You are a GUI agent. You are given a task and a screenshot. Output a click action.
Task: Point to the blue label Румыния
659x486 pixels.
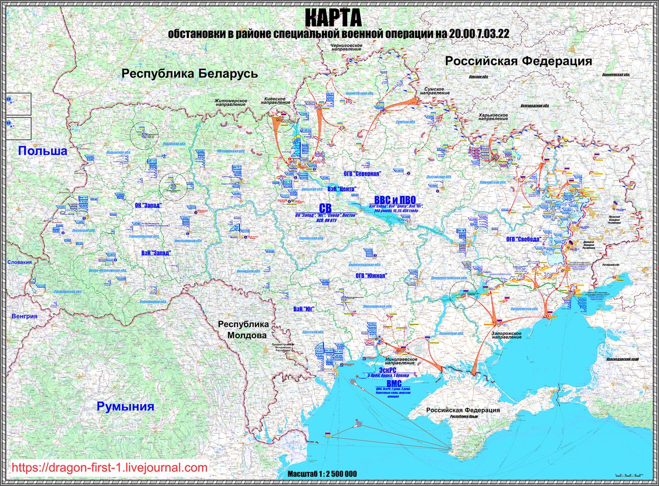tap(125, 407)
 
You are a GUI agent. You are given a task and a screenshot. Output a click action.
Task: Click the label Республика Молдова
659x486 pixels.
tap(242, 329)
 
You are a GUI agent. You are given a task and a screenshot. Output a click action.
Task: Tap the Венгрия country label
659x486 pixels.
tap(24, 316)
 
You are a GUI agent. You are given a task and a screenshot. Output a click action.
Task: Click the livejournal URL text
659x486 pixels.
tap(109, 468)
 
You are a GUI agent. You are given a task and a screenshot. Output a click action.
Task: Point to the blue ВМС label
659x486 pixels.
tap(395, 383)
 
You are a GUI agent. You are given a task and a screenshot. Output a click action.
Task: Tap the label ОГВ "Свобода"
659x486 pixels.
tap(523, 239)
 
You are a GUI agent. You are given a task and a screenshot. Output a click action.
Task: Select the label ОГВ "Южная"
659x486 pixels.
tap(372, 276)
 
